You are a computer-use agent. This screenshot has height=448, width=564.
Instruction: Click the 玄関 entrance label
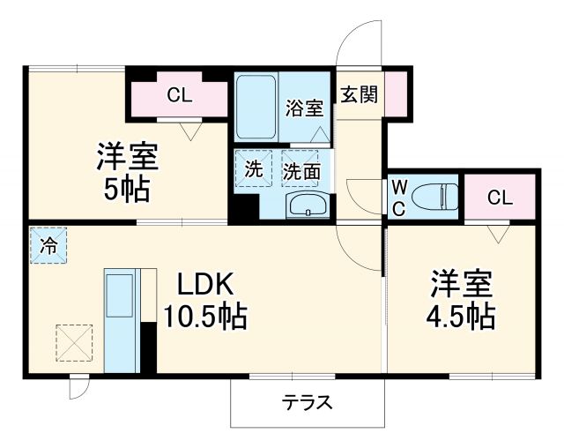360,94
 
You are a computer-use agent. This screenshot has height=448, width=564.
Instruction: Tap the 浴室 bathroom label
305,109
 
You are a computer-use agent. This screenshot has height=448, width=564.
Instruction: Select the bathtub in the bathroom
256,107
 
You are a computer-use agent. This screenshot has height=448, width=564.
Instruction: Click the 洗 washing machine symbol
254,171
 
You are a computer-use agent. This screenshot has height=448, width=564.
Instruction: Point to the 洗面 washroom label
301,172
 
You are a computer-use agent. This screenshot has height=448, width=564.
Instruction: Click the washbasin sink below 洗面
307,206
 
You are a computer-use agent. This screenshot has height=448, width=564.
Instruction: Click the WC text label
398,198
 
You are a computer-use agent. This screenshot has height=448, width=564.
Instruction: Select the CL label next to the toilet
499,198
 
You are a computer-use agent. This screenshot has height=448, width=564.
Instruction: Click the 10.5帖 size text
204,315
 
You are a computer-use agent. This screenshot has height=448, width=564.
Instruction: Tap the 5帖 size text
127,188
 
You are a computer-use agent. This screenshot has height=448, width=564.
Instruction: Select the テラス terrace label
307,403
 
